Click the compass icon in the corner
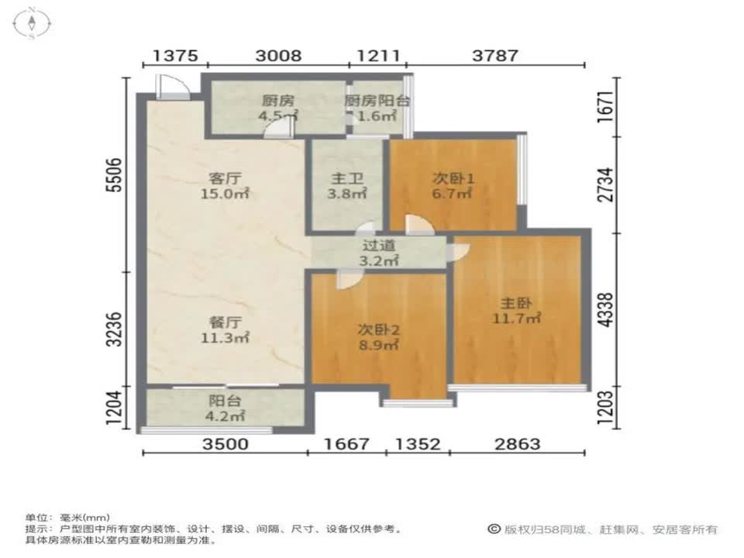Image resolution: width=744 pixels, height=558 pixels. [32, 22]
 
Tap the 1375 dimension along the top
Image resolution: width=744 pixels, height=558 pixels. [175, 56]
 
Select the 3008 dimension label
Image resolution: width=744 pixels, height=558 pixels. [278, 56]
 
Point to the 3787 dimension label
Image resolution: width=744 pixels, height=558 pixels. [495, 56]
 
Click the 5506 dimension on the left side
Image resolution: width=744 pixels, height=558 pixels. [115, 175]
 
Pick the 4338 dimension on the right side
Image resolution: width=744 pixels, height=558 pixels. [606, 310]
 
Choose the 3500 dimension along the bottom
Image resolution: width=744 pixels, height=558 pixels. [226, 444]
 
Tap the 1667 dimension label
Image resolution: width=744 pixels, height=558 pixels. [346, 444]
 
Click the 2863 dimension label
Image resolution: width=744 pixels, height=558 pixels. [517, 444]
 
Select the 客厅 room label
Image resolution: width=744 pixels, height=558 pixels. [225, 179]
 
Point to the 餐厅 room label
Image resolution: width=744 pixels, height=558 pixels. [225, 322]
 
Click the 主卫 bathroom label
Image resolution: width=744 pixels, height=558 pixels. [347, 179]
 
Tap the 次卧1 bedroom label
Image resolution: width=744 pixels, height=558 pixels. [453, 179]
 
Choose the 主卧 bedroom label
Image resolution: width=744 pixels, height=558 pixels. [516, 303]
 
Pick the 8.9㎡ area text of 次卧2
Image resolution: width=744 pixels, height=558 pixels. [378, 345]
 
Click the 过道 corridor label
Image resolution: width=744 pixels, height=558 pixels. [378, 246]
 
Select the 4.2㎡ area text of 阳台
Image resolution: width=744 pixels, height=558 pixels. [225, 416]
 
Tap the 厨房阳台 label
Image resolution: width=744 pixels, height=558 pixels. [377, 101]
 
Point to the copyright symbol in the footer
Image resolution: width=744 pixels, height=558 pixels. [494, 529]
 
